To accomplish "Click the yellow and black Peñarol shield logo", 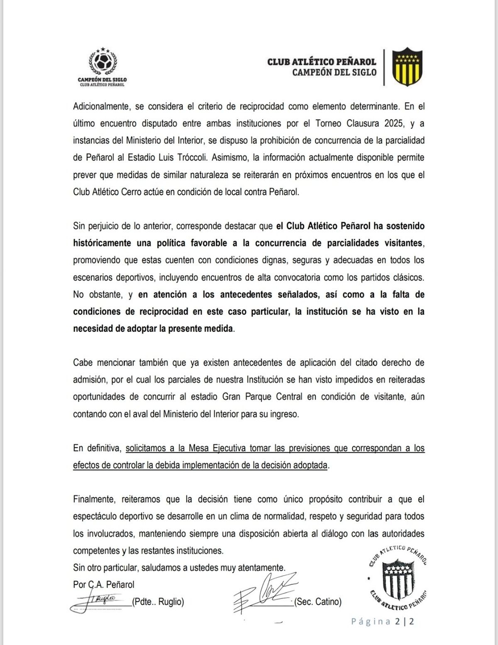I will click(407, 66).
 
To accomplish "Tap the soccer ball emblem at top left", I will click(102, 63).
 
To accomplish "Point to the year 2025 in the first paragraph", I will click(394, 123).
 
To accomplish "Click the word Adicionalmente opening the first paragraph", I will click(101, 106).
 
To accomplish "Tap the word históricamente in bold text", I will click(102, 243).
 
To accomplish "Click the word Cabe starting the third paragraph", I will click(83, 363).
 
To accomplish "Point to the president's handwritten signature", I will click(98, 601).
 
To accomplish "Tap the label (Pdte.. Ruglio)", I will click(158, 601).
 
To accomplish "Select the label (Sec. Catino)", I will click(318, 601).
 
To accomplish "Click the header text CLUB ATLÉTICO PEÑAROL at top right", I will click(322, 62).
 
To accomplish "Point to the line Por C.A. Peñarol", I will click(104, 584).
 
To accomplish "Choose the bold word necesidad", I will click(94, 329).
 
